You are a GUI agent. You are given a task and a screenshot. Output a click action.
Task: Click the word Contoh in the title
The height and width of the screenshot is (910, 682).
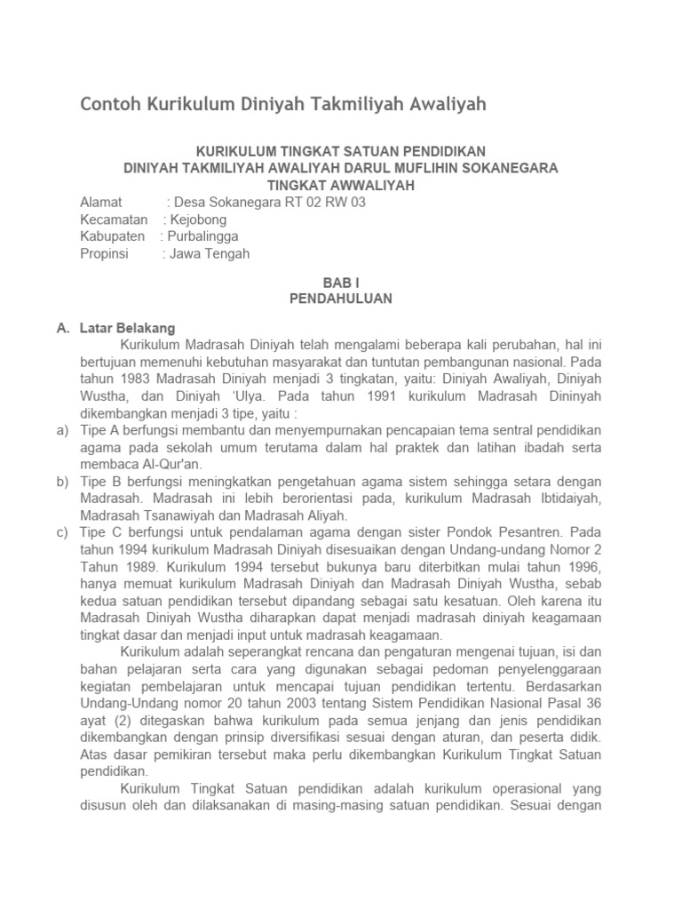pos(109,105)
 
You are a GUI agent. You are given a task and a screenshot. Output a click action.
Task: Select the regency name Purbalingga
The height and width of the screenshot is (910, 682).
pos(204,236)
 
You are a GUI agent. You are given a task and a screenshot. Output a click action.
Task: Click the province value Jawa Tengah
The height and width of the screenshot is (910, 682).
pos(210,253)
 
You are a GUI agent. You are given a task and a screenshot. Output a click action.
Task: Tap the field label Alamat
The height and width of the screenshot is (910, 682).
pos(101,203)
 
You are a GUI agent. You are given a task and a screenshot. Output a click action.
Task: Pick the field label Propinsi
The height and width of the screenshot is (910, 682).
pos(104,253)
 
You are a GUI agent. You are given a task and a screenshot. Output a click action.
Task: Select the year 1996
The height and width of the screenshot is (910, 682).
pos(584,567)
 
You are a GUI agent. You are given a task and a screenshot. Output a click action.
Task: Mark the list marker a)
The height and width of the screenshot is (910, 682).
pos(62,430)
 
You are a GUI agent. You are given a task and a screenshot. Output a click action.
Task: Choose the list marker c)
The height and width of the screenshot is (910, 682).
pos(62,532)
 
